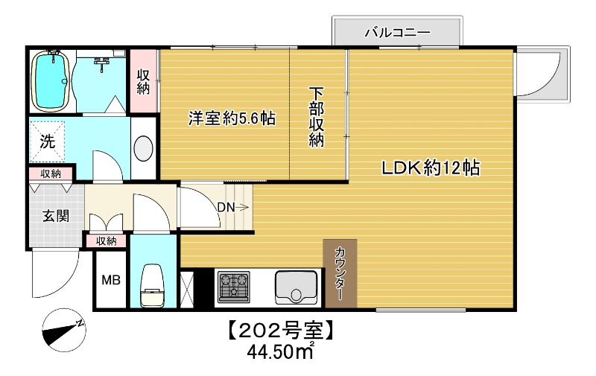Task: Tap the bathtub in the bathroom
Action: point(51,80)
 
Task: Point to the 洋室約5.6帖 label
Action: point(221,118)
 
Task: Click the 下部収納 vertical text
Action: point(317,118)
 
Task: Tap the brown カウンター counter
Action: point(340,273)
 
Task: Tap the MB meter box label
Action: point(110,281)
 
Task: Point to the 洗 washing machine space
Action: point(48,139)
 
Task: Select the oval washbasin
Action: point(144,147)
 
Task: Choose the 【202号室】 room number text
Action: point(279,329)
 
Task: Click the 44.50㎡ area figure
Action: point(280,350)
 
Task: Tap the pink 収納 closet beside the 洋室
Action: point(144,81)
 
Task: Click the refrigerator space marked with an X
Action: point(187,287)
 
